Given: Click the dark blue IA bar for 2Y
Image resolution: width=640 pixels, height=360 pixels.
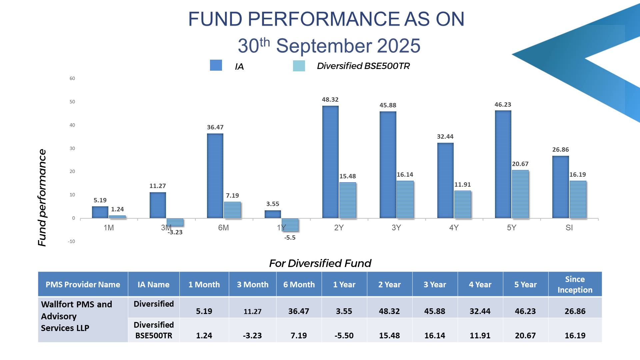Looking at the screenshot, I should tap(330, 162).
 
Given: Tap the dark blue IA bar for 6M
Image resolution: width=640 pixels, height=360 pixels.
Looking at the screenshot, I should tap(215, 176).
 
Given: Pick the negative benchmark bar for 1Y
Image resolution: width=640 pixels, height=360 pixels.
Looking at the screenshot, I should tap(290, 225).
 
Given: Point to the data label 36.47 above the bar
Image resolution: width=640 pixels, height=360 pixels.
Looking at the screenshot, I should tap(215, 127).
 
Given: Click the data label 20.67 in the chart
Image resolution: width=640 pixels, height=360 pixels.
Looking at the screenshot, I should tap(520, 164).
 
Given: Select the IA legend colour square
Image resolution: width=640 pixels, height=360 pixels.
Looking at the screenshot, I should tap(216, 65).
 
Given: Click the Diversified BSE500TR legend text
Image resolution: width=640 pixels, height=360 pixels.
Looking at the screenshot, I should tap(363, 66).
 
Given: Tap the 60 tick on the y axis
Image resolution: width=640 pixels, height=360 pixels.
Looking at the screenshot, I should tap(72, 79).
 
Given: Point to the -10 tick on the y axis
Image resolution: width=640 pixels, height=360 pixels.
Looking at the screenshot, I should tap(72, 241).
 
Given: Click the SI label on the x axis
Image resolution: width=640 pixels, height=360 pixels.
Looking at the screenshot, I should tap(569, 228).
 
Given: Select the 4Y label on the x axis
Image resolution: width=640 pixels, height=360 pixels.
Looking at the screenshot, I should tap(454, 228).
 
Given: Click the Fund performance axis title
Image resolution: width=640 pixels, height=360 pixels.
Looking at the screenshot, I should tap(42, 197).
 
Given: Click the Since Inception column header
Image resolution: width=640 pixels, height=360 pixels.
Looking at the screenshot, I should tap(575, 284).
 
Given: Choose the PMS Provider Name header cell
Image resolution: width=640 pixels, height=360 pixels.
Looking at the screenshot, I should tap(83, 285).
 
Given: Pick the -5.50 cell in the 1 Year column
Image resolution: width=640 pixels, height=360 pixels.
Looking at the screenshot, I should tap(344, 335).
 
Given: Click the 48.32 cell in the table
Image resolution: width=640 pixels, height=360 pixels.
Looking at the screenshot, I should tap(389, 311).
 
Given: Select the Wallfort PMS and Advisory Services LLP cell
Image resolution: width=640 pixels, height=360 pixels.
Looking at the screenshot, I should tap(76, 316).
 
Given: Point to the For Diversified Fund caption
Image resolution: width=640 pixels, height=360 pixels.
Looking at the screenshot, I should tap(320, 263).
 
